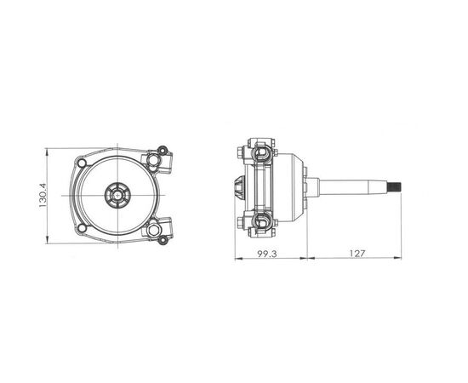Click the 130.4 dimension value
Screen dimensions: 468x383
tap(43, 196)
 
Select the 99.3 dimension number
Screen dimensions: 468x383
tap(267, 254)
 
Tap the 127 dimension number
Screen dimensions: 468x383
tap(357, 254)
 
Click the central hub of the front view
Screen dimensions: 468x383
tap(117, 196)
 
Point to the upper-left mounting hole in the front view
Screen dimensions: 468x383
tap(82, 163)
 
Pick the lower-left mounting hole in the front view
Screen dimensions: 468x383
tap(82, 228)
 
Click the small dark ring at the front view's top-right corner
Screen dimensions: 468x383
tap(163, 150)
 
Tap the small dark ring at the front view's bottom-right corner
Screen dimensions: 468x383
tap(163, 240)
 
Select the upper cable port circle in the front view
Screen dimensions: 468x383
tap(153, 161)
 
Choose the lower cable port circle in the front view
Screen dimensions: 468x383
tap(153, 230)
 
